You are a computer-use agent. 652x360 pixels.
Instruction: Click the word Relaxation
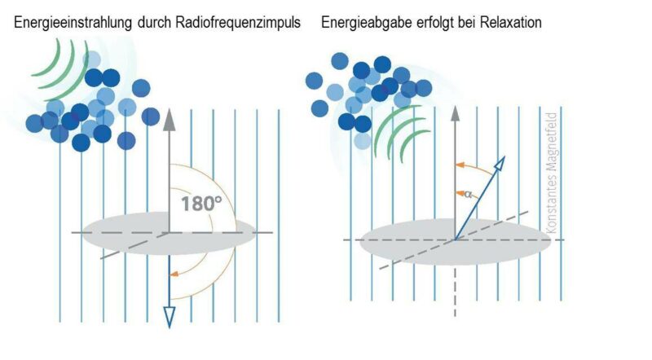coord(509,23)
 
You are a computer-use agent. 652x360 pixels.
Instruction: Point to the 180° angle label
coord(200,202)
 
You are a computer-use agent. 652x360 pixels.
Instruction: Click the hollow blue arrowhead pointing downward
coord(170,316)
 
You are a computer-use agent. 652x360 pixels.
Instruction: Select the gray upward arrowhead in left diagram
coord(170,119)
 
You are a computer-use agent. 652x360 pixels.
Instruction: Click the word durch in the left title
coord(148,23)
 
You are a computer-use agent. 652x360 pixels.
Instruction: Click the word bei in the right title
coord(471,23)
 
